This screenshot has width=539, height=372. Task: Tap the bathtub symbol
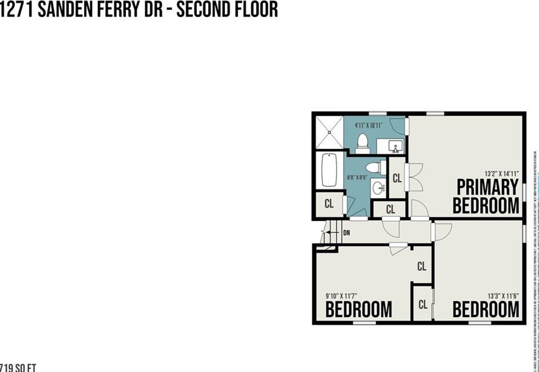(x=328, y=170)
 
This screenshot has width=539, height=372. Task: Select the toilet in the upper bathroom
(x=362, y=143)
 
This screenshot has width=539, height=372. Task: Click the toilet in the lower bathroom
(x=373, y=168)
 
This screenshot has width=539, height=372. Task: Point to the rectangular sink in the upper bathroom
(x=395, y=147)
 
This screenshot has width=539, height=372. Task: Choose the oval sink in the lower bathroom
(x=378, y=187)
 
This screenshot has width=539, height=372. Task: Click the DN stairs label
(x=346, y=233)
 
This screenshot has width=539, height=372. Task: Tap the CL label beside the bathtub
(x=329, y=203)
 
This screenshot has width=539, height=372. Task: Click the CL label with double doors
(x=397, y=179)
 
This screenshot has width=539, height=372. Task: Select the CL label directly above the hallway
(x=390, y=210)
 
